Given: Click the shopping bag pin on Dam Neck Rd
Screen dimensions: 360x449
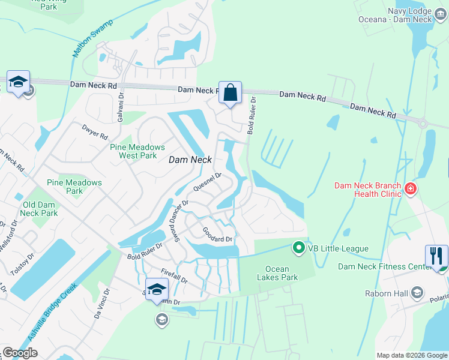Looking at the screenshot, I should point(230,93).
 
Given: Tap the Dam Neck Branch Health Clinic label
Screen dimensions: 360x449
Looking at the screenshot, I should point(367,190).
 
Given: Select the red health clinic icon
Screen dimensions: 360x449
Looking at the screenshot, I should point(411,190).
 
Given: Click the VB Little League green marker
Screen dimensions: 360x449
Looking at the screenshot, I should point(298,247).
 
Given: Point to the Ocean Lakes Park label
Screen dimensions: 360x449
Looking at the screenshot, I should point(277,274).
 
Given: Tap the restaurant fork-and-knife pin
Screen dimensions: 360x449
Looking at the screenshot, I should point(436,256).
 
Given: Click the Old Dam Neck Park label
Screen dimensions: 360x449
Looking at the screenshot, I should point(40,209).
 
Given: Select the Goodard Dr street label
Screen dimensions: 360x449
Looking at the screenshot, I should point(217,235).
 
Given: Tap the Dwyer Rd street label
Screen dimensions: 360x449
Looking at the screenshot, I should point(95,132).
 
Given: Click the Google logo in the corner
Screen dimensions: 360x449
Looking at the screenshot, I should point(20,353).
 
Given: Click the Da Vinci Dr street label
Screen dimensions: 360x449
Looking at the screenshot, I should point(102,303).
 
